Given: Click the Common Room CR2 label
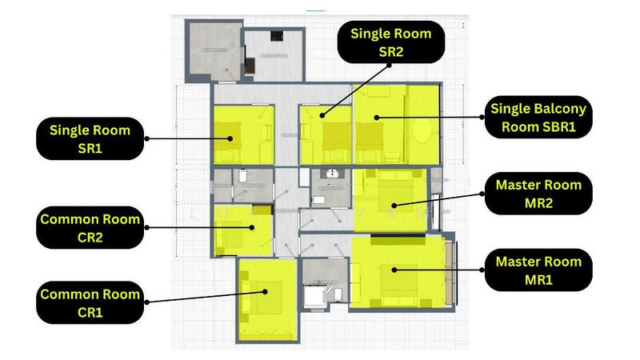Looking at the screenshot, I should pos(90,227).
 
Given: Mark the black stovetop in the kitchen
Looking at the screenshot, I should pos(277,37).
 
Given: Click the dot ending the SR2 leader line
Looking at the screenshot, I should pos(322,116).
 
